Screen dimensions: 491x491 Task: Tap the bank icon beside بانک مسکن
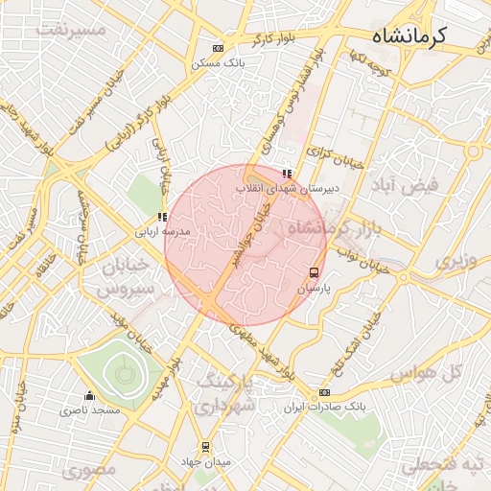[x=218, y=48]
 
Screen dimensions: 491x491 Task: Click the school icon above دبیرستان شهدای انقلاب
[x=287, y=174]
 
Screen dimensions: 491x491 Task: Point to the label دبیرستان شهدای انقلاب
[x=282, y=190]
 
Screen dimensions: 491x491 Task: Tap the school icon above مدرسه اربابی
[x=162, y=217]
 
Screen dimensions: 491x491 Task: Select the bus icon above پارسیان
[x=315, y=272]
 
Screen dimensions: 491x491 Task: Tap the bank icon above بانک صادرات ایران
[x=324, y=391]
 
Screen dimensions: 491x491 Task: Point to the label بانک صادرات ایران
[x=325, y=407]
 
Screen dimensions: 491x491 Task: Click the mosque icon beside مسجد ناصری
[x=90, y=395]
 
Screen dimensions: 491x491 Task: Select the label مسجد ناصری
[x=90, y=410]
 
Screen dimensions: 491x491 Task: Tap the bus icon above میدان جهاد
[x=204, y=447]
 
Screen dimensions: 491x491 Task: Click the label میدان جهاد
[x=206, y=462]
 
